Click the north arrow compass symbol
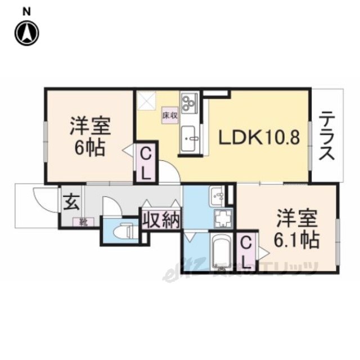point(26,33)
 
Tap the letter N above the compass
point(26,11)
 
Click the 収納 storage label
point(161,219)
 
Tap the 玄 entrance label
point(71,201)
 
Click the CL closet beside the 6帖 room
point(145,163)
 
